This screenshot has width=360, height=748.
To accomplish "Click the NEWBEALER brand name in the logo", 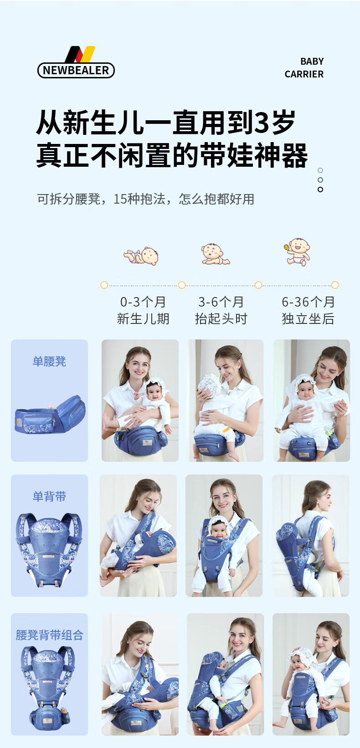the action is [x=76, y=70].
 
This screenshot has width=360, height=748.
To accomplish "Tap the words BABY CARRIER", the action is [x=304, y=67].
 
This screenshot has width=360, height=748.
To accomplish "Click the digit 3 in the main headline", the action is [x=262, y=122].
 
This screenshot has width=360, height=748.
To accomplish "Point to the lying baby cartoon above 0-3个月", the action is [x=141, y=256].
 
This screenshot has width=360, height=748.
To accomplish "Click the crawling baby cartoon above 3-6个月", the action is [x=216, y=254].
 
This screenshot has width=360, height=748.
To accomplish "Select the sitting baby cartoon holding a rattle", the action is [x=297, y=252].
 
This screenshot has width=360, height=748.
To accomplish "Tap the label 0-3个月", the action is [x=143, y=302].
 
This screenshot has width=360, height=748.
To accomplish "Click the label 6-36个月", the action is [x=308, y=302].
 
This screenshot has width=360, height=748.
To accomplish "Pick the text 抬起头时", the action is [x=221, y=318].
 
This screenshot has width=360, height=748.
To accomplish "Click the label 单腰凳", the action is [x=49, y=361].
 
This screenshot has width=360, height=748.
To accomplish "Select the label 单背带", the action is [x=49, y=496].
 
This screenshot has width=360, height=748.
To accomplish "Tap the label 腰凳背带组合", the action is [x=49, y=635].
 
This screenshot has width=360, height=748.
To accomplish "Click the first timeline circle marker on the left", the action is [x=104, y=285].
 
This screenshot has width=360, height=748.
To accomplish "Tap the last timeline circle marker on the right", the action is [x=335, y=285].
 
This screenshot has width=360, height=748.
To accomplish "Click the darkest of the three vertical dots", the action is [x=320, y=190].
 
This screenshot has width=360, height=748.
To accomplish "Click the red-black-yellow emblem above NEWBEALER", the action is [x=80, y=54].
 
